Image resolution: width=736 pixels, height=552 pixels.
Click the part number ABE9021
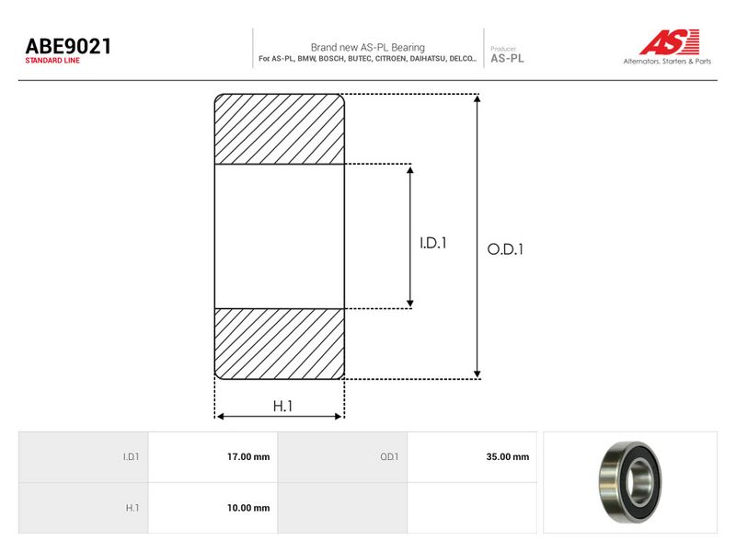click(68, 47)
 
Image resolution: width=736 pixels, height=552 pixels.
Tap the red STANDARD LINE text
click(52, 61)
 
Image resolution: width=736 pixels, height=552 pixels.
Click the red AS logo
click(670, 41)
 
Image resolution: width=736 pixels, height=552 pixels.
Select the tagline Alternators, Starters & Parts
click(667, 61)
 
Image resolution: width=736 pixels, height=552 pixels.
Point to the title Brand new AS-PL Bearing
click(367, 48)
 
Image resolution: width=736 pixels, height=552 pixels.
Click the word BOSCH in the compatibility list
click(330, 59)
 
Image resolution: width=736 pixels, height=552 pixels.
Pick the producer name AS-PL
click(507, 59)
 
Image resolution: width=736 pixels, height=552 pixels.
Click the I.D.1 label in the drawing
click(432, 243)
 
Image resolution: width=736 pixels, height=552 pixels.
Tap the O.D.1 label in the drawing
click(505, 249)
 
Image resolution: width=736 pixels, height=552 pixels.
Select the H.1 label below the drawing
click(282, 406)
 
